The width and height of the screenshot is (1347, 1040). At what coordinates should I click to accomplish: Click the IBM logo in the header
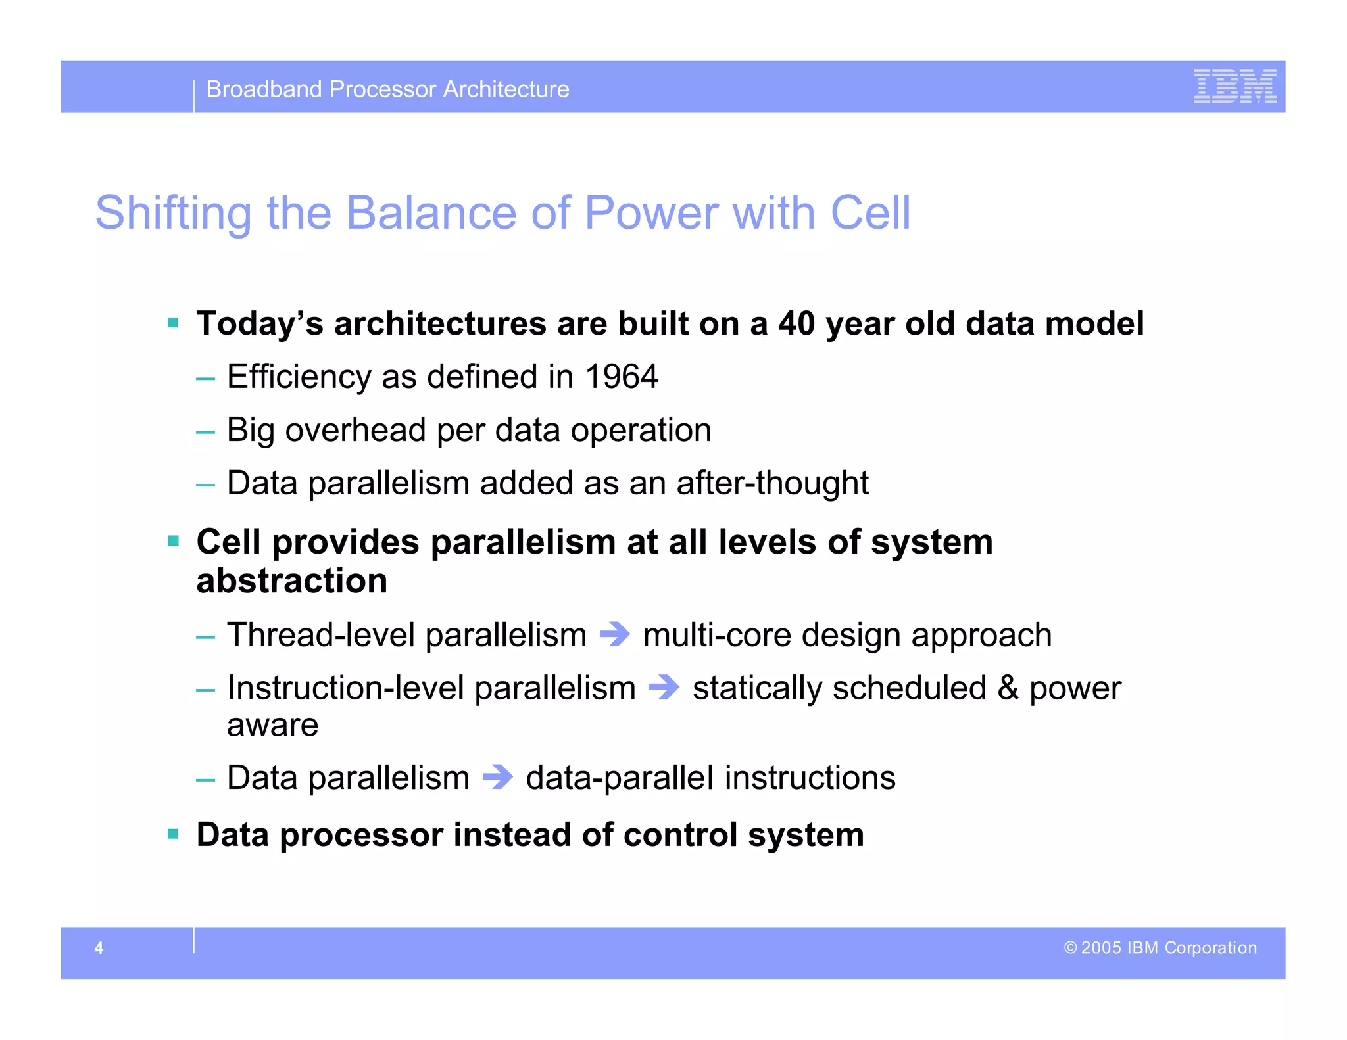pyautogui.click(x=1235, y=86)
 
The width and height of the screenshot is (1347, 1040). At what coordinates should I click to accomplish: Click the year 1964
pyautogui.click(x=621, y=377)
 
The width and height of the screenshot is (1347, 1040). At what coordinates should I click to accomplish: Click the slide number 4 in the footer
pyautogui.click(x=99, y=948)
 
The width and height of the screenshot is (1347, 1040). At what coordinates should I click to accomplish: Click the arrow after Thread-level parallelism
pyautogui.click(x=615, y=634)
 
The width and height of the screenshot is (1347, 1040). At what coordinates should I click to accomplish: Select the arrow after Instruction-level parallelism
pyautogui.click(x=664, y=688)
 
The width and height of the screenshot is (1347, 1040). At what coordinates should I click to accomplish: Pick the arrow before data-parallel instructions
pyautogui.click(x=498, y=777)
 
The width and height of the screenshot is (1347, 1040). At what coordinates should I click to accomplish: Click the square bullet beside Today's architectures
pyautogui.click(x=174, y=323)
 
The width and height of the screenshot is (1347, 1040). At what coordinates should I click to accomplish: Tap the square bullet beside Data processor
pyautogui.click(x=174, y=834)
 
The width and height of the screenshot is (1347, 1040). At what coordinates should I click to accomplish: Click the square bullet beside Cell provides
pyautogui.click(x=174, y=541)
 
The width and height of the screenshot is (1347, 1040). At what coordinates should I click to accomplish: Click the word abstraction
pyautogui.click(x=291, y=581)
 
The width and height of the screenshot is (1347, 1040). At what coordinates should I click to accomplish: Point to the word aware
pyautogui.click(x=272, y=725)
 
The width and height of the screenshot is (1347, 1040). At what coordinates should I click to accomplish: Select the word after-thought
pyautogui.click(x=772, y=483)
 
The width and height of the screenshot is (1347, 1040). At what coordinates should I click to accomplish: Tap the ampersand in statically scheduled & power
pyautogui.click(x=1008, y=688)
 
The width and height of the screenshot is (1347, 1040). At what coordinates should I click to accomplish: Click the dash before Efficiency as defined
pyautogui.click(x=205, y=379)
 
